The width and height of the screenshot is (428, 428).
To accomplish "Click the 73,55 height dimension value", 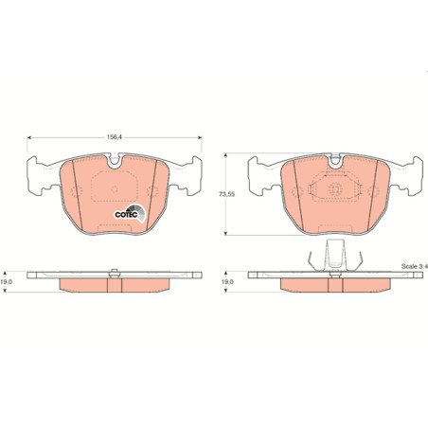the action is coord(227,194).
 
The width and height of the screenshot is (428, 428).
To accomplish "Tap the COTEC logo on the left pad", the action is coord(130,213).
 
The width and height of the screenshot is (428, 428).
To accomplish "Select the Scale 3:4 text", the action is coord(414,266).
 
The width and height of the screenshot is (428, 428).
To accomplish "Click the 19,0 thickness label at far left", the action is coord(7,282).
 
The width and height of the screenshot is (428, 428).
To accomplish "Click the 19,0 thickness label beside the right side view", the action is coord(227,282).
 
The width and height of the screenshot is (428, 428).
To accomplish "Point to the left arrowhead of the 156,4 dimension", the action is coord(29,137).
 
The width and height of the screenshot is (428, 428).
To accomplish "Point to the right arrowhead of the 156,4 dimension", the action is coord(200,137).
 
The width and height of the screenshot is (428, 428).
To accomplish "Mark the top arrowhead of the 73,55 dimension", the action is coord(225,155).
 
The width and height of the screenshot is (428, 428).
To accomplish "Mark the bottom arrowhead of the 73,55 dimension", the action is coord(225,233).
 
